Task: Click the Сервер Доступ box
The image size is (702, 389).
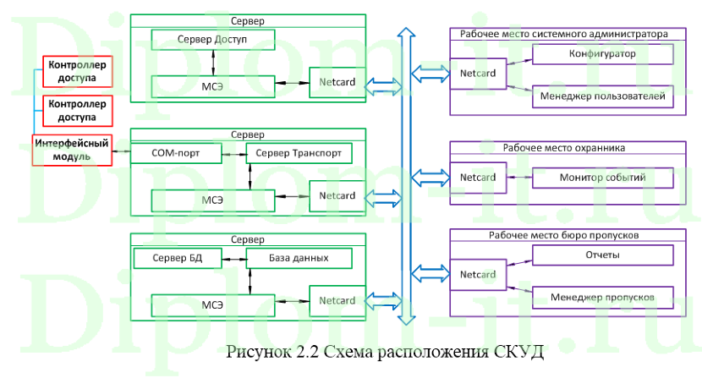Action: coord(214,40)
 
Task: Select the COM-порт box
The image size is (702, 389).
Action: coord(175,154)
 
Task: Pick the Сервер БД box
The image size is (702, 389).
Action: coord(176,258)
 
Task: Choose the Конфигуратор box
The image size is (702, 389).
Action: coord(602,54)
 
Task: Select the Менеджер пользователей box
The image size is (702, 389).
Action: coord(602,97)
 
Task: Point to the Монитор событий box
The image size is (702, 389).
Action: coord(602,178)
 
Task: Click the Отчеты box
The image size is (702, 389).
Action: coord(602,255)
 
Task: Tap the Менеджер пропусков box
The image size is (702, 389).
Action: coord(602,297)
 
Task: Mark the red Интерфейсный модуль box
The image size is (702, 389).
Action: coord(74,150)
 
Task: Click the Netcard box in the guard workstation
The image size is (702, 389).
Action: coord(477,178)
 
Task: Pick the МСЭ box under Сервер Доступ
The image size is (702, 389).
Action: coord(214,85)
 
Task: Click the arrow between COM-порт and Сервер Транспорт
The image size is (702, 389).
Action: coord(233,154)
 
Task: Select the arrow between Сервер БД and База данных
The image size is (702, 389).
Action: coord(233,258)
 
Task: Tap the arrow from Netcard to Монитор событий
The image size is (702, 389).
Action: coord(518,178)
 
